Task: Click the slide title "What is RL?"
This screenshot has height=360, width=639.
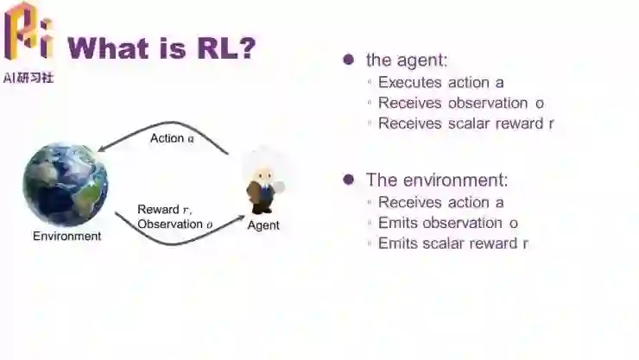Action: tap(161, 47)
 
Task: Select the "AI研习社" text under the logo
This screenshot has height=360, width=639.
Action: tap(29, 78)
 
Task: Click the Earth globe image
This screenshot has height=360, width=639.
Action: tap(66, 185)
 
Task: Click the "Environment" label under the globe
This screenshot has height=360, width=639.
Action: tap(66, 236)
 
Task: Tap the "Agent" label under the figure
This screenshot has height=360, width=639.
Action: tap(263, 225)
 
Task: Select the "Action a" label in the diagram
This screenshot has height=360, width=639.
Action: tap(172, 138)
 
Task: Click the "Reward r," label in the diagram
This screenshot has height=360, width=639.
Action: tap(165, 210)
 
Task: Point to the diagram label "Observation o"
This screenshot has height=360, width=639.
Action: tap(175, 224)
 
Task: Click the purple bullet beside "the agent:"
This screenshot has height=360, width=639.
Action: tap(349, 60)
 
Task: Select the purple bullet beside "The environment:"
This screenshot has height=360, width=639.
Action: tap(349, 180)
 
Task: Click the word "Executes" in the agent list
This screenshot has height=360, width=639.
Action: tap(410, 83)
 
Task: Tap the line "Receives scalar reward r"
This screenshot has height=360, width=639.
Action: tap(466, 123)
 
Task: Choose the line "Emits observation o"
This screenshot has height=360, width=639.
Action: tap(448, 223)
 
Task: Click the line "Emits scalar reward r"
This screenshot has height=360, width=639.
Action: tap(453, 243)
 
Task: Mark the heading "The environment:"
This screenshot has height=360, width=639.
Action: tap(437, 180)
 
